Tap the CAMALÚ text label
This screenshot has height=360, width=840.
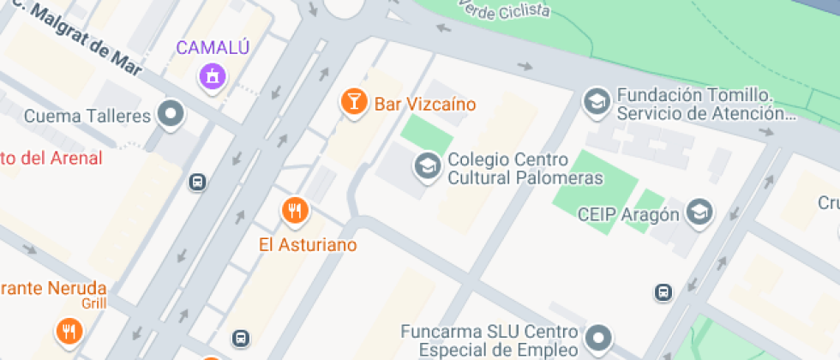point(213,47)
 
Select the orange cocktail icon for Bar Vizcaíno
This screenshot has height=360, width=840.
point(352,102)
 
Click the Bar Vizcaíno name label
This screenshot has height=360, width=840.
point(424,105)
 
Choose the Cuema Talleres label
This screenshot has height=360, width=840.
point(87,116)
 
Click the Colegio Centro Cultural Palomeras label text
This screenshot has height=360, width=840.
point(525,169)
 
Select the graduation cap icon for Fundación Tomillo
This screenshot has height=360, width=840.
point(594,103)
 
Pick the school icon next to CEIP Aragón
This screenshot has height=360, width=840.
point(701,212)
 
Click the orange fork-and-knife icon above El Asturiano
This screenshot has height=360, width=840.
point(295,209)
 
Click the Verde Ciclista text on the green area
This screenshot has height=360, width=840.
point(505,9)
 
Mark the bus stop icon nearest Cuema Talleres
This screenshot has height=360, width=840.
point(198,182)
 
